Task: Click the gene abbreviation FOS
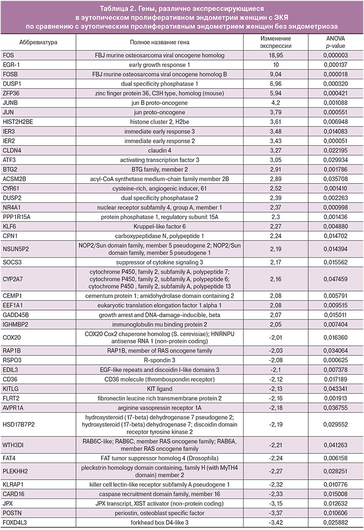tap(9, 55)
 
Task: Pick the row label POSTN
tap(12, 513)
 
